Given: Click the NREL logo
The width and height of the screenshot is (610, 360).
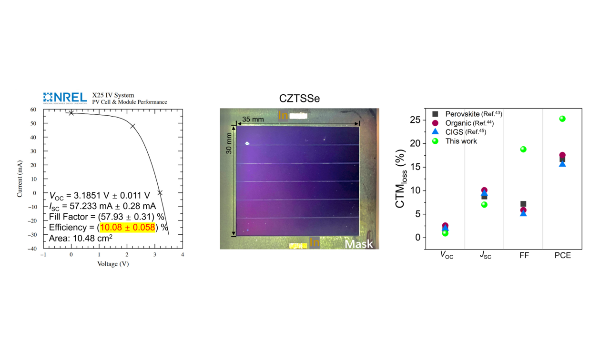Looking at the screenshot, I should [65, 98].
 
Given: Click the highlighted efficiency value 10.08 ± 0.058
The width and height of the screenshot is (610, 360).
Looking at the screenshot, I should [127, 227].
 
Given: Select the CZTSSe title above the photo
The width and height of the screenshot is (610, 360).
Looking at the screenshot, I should [299, 99].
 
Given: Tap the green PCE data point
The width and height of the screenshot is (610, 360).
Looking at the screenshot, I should [562, 119].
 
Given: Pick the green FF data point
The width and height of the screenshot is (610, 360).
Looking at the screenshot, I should [523, 149].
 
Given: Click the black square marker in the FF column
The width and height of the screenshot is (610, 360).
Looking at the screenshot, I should [523, 204].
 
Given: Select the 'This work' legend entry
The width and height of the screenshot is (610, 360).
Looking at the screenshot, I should [460, 141].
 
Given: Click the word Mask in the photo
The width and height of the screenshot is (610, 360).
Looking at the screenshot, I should [359, 244].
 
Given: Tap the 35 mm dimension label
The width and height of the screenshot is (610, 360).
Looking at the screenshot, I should [252, 119].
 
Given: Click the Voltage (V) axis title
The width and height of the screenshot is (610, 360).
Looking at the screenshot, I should [112, 263].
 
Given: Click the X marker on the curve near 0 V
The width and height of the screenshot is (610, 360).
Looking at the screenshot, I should [71, 113].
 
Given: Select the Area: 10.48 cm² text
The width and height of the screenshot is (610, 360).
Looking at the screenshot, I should [81, 238].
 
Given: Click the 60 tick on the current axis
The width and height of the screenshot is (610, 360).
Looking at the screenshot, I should [34, 110].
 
